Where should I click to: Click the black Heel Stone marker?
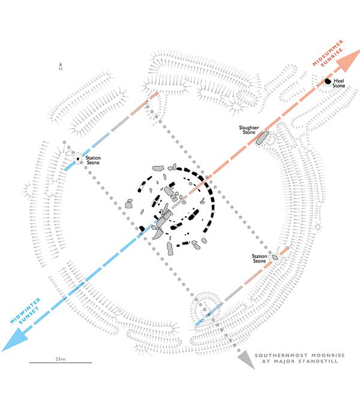328,82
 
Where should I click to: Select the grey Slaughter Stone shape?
262,139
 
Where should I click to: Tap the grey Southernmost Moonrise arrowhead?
244,358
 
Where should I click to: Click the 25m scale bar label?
59,358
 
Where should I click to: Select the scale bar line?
61,363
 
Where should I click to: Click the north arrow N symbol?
61,67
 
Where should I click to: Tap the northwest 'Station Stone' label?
92,161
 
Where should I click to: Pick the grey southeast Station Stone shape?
275,257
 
